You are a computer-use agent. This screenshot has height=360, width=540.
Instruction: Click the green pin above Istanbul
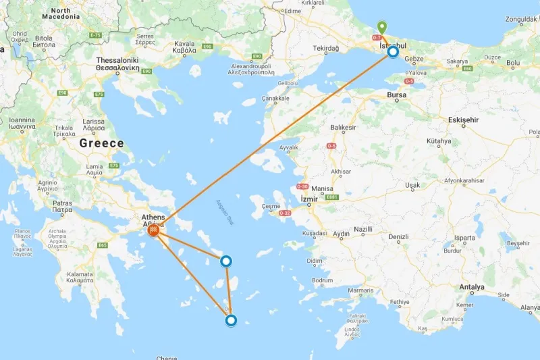382,28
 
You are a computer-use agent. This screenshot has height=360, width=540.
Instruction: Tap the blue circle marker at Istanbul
393,51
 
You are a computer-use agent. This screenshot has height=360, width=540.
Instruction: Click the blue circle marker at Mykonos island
227,261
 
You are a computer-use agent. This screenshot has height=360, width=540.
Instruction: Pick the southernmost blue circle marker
231,321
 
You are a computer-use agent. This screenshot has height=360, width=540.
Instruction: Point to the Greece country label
101,143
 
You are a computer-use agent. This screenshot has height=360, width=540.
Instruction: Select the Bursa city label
396,95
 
